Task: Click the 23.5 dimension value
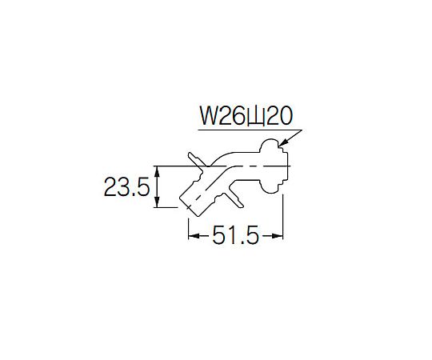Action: [x=126, y=186]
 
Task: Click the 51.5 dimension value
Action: [x=235, y=235]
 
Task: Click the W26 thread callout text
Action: [x=246, y=116]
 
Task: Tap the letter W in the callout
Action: [x=209, y=116]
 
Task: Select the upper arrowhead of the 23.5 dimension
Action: [x=157, y=171]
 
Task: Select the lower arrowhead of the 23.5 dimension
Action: [x=157, y=202]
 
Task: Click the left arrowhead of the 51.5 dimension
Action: [x=194, y=236]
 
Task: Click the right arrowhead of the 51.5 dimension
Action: [x=278, y=236]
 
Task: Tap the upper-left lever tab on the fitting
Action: [x=196, y=159]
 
